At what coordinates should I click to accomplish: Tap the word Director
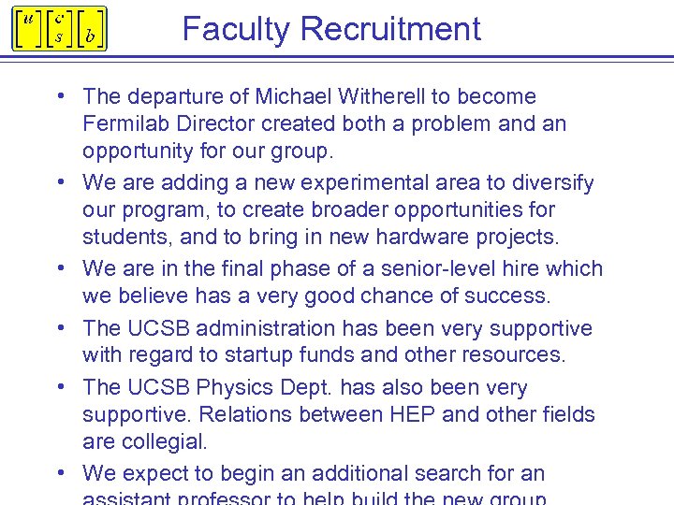218,123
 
